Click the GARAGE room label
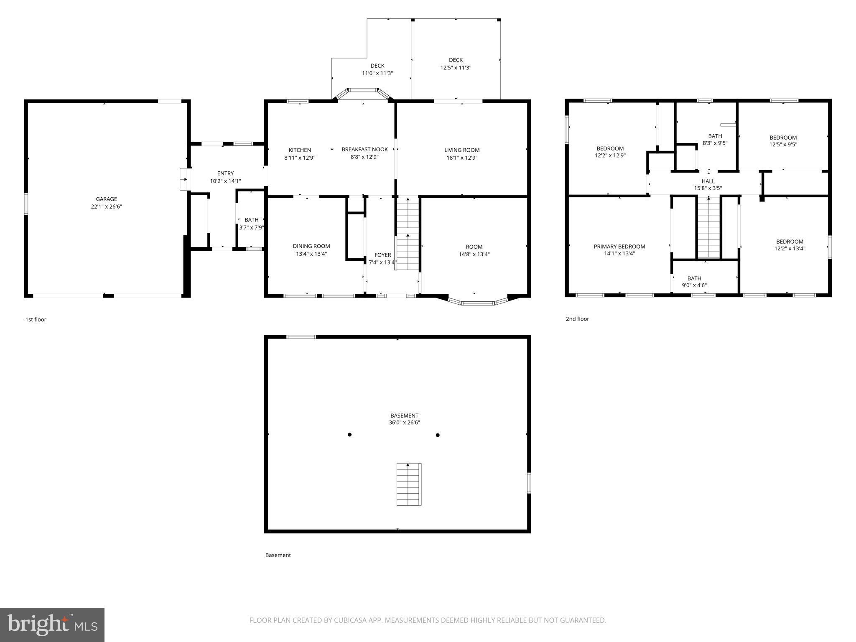click(x=106, y=199)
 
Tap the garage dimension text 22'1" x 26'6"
click(x=106, y=206)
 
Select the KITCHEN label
click(x=300, y=150)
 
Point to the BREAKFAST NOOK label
click(x=364, y=150)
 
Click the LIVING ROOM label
click(x=462, y=150)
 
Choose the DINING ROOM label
click(x=311, y=246)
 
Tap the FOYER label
click(x=382, y=255)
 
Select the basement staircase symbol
click(x=408, y=484)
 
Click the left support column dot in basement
click(x=349, y=435)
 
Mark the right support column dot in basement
click(x=438, y=435)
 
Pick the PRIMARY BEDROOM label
click(x=619, y=247)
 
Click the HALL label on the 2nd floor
click(x=708, y=181)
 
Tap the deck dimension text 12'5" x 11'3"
click(x=456, y=68)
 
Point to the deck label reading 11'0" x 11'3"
click(x=377, y=73)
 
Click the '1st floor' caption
click(x=36, y=319)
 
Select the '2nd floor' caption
click(x=577, y=319)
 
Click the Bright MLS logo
click(x=52, y=624)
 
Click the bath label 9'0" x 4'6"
click(x=694, y=285)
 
